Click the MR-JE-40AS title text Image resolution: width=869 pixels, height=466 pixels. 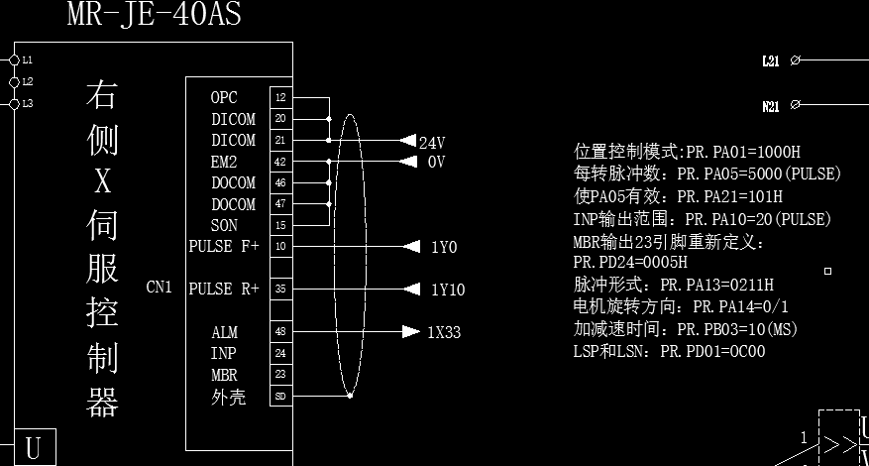(x=154, y=14)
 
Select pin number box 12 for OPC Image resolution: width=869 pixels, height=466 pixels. (x=280, y=98)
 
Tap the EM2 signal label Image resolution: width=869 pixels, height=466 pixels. (x=224, y=162)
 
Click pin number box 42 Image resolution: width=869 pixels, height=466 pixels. (x=280, y=162)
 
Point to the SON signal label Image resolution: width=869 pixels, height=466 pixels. (x=224, y=225)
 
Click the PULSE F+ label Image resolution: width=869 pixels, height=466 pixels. (x=224, y=246)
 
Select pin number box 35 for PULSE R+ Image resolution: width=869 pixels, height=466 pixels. (x=280, y=290)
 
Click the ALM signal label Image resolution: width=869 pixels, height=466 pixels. (x=224, y=332)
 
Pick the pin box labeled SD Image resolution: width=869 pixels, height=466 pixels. (x=280, y=397)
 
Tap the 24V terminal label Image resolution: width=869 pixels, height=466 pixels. (x=432, y=142)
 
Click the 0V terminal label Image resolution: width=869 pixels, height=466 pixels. (x=436, y=162)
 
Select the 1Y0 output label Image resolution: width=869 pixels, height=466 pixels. (x=444, y=247)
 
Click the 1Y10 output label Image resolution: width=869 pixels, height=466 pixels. (x=447, y=290)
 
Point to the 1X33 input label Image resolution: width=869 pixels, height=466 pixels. (x=444, y=332)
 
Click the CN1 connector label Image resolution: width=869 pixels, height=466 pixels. (x=159, y=288)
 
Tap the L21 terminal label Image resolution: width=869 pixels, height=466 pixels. (x=770, y=60)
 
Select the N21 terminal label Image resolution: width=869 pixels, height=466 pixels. (x=770, y=104)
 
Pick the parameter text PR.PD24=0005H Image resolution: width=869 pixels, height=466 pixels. (x=629, y=263)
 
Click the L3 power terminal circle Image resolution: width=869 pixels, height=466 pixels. (x=14, y=103)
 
